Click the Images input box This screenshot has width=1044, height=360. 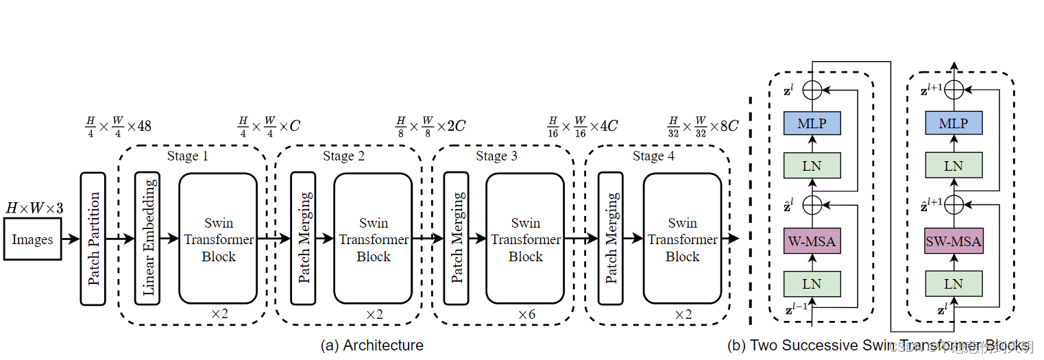[32, 239]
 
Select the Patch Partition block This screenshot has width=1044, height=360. [93, 239]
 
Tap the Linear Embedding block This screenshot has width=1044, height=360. [148, 239]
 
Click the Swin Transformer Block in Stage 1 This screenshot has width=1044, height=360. [218, 239]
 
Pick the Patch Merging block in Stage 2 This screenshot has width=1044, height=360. [303, 239]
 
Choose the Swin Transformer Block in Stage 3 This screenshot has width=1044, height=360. [525, 239]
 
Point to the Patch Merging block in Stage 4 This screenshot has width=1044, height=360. [610, 239]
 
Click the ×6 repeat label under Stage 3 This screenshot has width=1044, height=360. [526, 314]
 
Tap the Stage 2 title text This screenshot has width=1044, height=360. [343, 156]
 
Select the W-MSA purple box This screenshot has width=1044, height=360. [812, 241]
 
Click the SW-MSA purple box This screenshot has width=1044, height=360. [953, 241]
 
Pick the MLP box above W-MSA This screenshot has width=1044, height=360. [812, 123]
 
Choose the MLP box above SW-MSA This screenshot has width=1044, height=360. [953, 123]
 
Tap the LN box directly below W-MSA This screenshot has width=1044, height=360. [812, 284]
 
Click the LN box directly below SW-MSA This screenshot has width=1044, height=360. [953, 284]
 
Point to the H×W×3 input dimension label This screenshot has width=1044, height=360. [34, 208]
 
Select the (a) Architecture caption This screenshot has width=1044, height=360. [372, 346]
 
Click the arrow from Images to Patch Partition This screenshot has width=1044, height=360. [71, 239]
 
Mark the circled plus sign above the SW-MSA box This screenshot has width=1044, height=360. [953, 204]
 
